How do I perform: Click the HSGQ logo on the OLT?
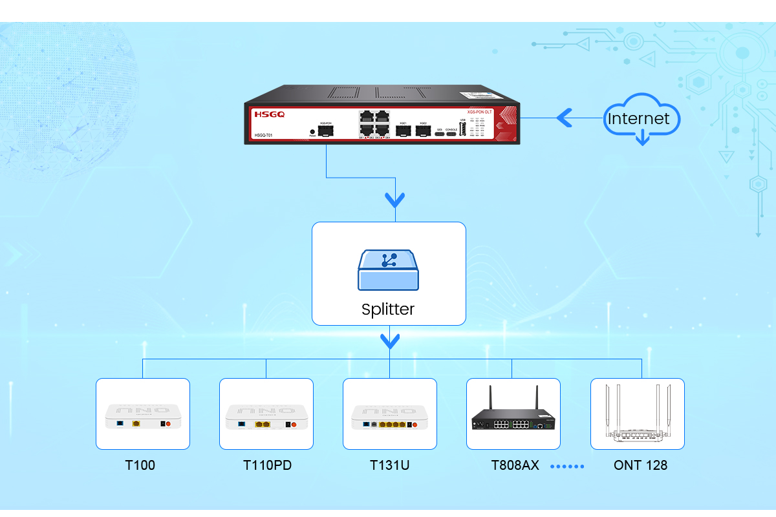[x=269, y=114]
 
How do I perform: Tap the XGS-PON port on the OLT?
[x=327, y=131]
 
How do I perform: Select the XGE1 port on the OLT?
[x=403, y=131]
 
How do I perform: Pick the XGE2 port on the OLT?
[x=423, y=131]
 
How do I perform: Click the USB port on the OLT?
[x=462, y=129]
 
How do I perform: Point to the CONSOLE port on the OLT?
[x=451, y=134]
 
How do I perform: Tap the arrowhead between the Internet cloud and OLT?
[x=564, y=118]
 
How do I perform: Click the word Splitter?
[x=388, y=309]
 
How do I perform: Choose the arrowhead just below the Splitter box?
[x=390, y=340]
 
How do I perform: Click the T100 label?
[x=140, y=465]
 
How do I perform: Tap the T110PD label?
[x=267, y=465]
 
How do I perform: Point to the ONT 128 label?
[x=640, y=465]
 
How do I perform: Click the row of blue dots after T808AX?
[x=567, y=466]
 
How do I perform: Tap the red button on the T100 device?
[x=169, y=425]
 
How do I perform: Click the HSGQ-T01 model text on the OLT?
[x=263, y=135]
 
